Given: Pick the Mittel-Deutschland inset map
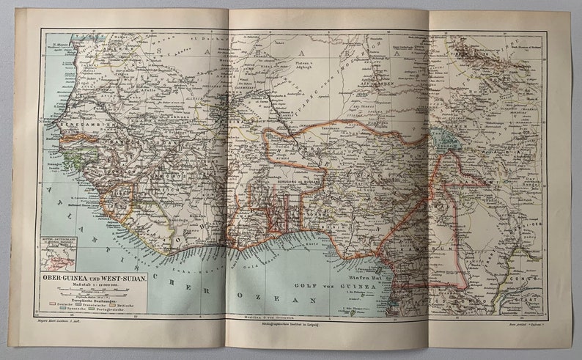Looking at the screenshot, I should [58, 252].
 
